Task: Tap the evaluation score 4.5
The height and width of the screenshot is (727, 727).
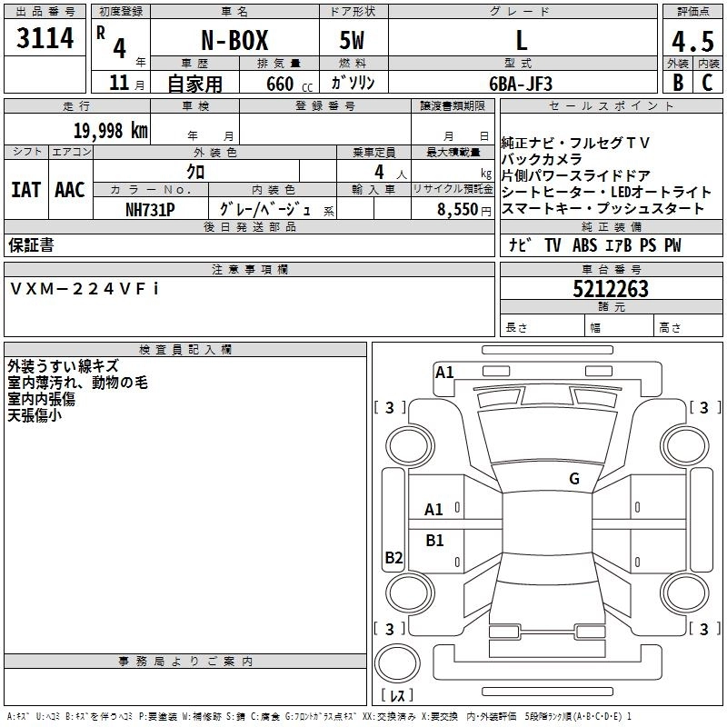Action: point(692,41)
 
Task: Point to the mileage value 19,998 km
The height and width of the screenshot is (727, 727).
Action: point(109,131)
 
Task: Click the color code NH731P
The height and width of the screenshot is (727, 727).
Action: point(150,209)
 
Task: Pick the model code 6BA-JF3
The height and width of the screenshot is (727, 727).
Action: point(520,83)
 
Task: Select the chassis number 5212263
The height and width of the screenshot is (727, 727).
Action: point(611,290)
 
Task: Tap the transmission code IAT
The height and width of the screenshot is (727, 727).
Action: point(25,190)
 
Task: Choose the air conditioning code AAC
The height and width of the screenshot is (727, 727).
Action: point(70,190)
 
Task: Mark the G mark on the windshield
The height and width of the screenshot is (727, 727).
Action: point(573,478)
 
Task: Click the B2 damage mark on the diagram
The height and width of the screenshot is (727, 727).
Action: point(393,558)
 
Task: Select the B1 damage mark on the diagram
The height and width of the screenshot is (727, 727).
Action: point(435,541)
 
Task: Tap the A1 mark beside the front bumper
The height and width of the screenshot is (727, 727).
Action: point(444,372)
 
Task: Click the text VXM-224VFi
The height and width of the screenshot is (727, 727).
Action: point(85,288)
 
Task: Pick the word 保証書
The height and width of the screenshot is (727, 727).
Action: point(31,244)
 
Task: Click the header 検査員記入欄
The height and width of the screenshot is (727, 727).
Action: point(185,349)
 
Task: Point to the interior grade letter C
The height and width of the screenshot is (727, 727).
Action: point(707,83)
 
